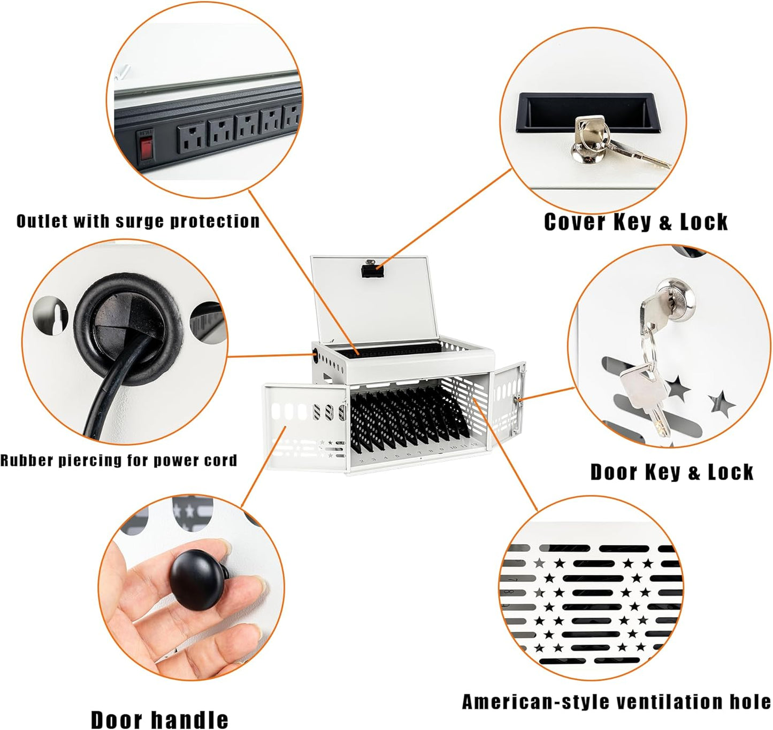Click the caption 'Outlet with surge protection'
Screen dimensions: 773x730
click(138, 221)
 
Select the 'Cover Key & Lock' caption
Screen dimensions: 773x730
click(636, 222)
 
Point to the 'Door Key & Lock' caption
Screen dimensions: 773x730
click(672, 472)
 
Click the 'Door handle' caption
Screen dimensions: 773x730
click(159, 719)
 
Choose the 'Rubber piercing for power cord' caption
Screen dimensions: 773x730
click(119, 460)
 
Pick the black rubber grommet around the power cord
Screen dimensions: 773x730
click(128, 329)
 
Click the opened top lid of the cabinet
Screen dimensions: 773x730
click(374, 299)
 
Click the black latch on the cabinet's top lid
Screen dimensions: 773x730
click(373, 270)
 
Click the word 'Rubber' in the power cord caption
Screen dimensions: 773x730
click(27, 460)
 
